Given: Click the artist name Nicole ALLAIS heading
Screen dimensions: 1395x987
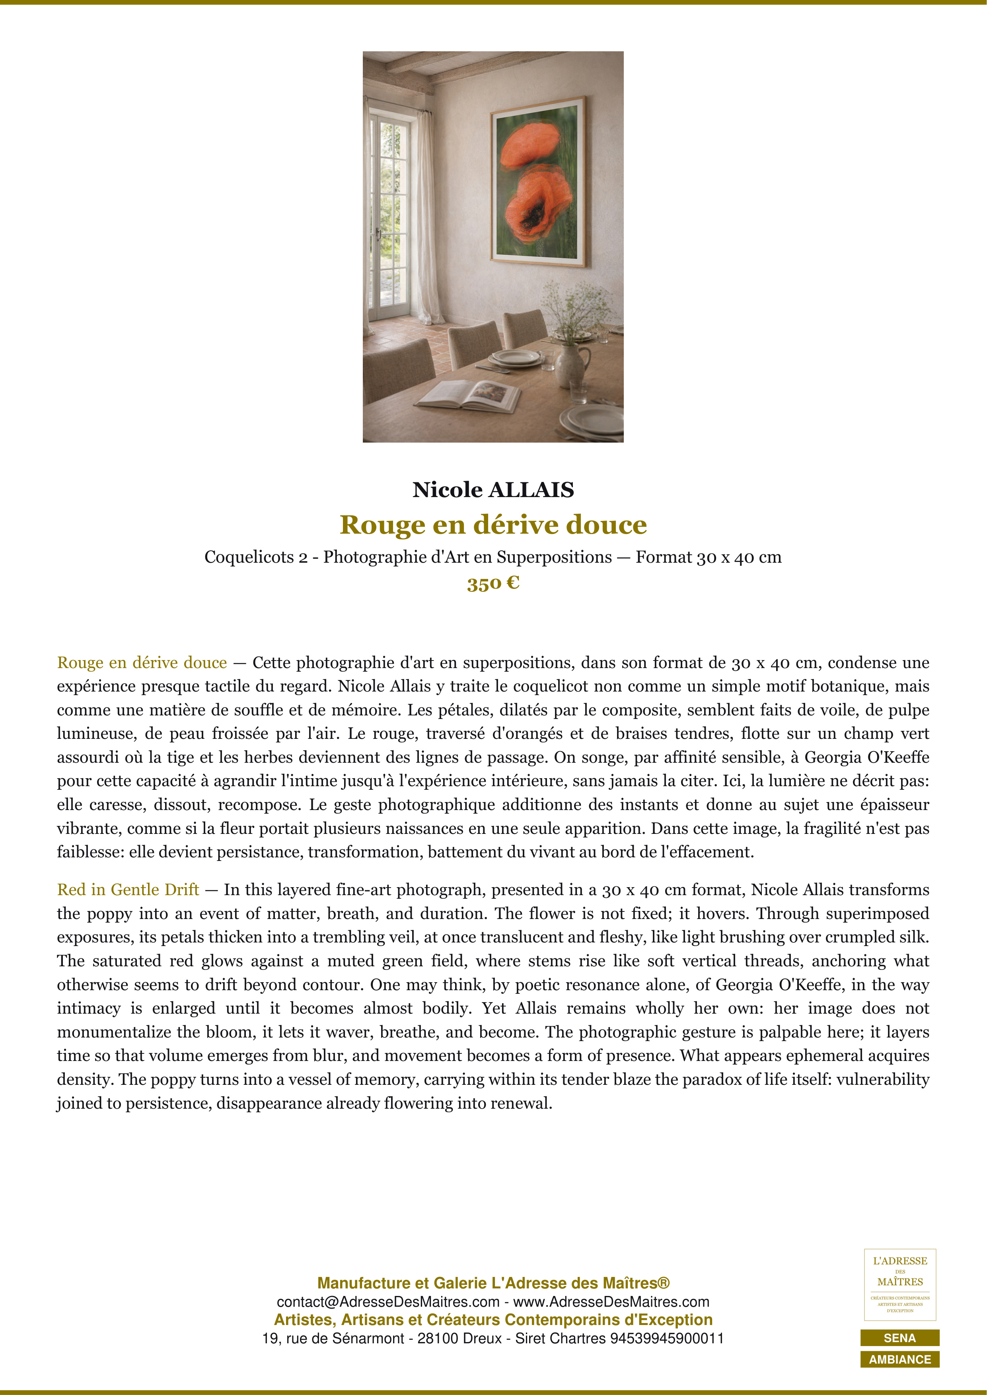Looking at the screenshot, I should pos(493,490).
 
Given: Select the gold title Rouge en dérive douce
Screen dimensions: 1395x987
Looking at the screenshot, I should pos(493,525).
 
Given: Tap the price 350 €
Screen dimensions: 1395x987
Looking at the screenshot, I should pos(493,583).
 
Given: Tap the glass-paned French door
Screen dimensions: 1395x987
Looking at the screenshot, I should pos(388,216).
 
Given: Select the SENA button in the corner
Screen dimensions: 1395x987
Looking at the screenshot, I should pos(899,1338).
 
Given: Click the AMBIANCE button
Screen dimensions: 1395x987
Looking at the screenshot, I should pos(899,1359).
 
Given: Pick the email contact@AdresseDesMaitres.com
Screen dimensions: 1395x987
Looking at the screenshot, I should pos(388,1302).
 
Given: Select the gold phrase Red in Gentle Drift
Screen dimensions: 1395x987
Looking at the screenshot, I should pos(128,890).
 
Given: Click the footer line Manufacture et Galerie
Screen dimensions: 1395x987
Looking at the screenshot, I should pos(493,1283).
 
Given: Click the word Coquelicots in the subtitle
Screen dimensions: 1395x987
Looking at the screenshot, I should pos(249,557).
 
